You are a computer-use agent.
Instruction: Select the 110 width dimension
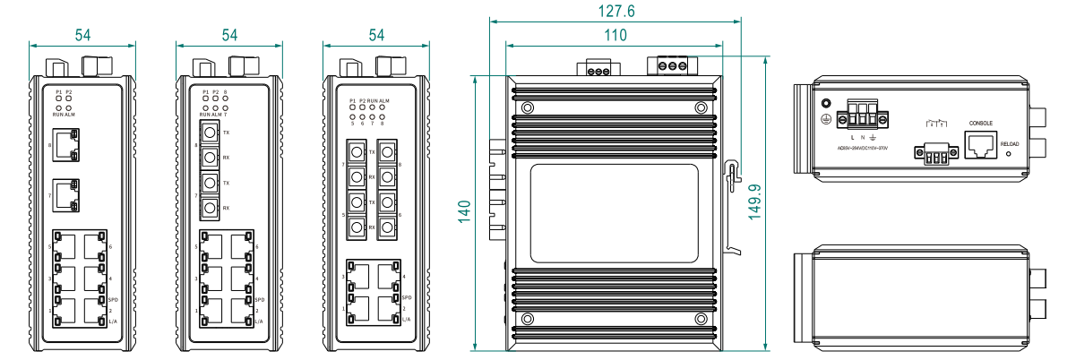[615, 36]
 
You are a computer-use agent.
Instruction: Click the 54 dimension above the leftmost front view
[82, 35]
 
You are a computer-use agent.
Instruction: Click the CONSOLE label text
[980, 122]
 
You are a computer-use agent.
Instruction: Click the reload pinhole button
[1010, 154]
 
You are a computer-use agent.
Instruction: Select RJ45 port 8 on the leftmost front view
[65, 143]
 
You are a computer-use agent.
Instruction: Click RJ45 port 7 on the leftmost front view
[65, 194]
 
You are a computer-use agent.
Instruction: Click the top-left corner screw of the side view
[526, 108]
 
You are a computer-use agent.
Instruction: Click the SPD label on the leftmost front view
[112, 299]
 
